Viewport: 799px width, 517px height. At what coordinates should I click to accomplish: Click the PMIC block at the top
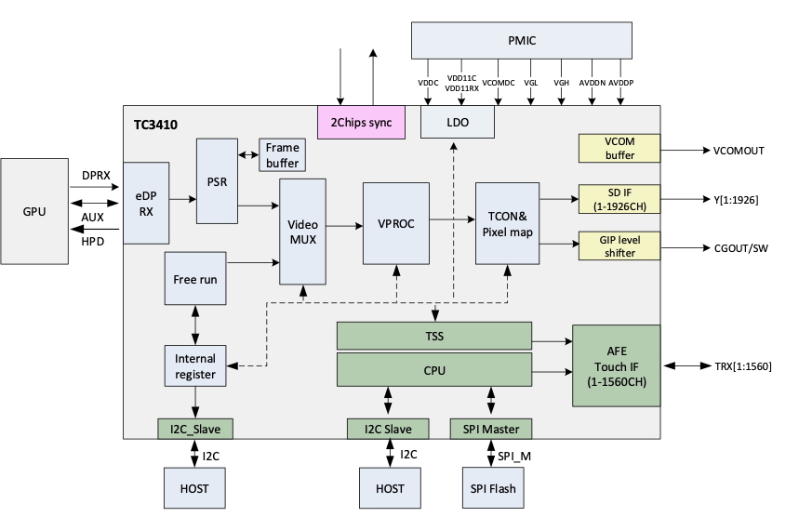(x=522, y=41)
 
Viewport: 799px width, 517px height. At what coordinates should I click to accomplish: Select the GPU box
(x=34, y=212)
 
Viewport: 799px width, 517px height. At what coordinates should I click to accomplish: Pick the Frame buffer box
(x=282, y=155)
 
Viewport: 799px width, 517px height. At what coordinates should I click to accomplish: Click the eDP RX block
(x=145, y=203)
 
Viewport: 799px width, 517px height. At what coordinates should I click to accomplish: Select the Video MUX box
(x=302, y=231)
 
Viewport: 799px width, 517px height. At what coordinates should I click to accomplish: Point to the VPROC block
(x=395, y=223)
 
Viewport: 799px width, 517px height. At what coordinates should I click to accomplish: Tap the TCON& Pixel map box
(x=507, y=223)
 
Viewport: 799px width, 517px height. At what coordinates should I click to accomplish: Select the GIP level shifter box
(x=619, y=246)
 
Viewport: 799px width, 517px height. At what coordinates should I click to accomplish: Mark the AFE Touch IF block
(x=616, y=365)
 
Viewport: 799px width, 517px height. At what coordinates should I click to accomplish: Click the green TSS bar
(x=433, y=335)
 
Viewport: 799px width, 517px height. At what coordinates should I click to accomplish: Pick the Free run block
(x=195, y=278)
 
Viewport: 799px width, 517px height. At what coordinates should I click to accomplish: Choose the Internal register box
(x=195, y=366)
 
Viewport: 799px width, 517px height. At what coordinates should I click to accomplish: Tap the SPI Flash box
(x=490, y=488)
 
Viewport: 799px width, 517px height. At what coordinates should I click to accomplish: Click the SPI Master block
(x=490, y=429)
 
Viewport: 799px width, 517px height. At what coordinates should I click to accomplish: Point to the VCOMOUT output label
(x=739, y=150)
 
